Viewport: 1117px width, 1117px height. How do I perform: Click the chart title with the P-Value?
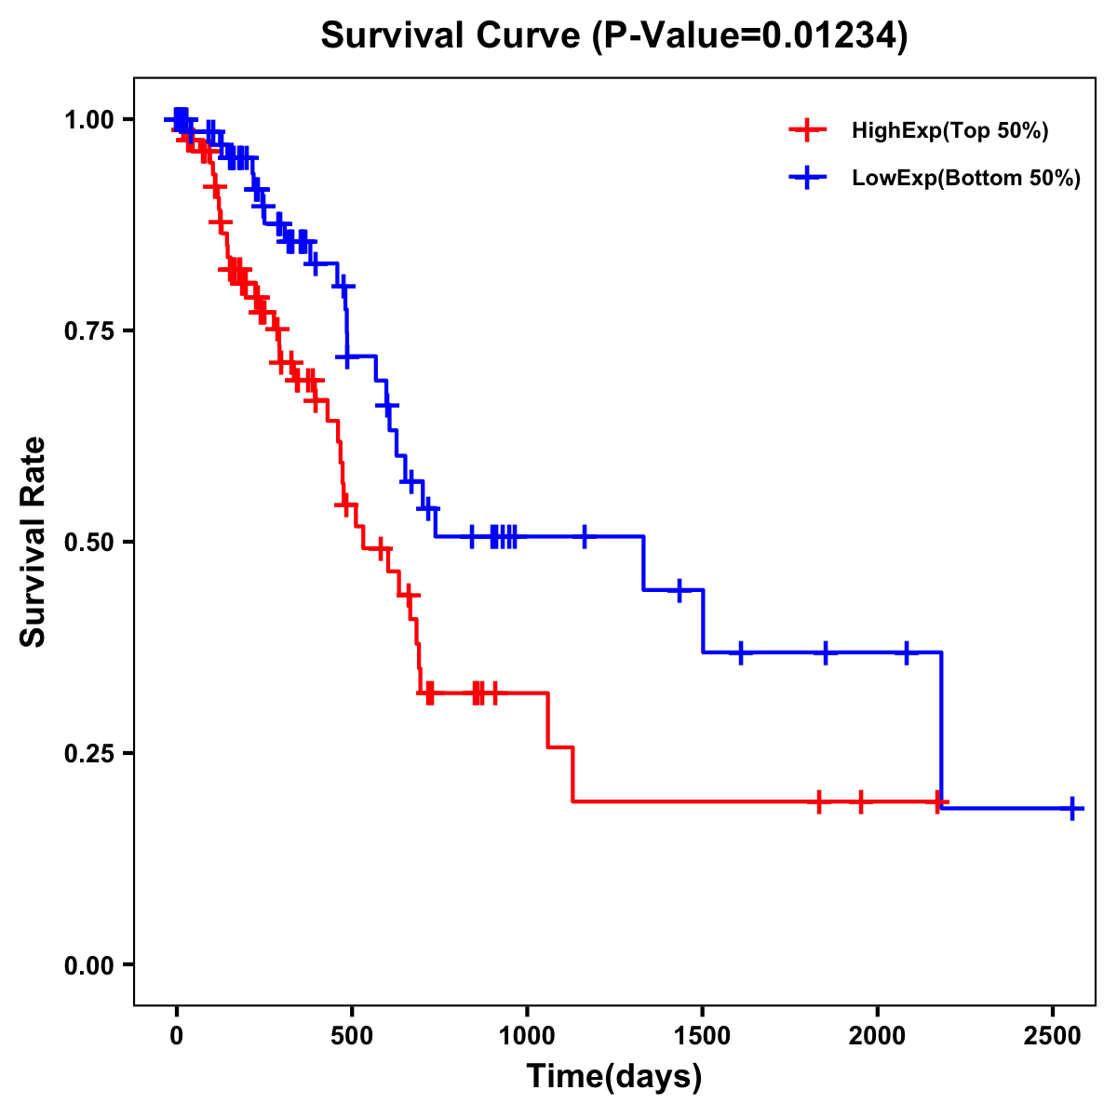(x=613, y=36)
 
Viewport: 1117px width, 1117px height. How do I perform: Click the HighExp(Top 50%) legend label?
(x=949, y=131)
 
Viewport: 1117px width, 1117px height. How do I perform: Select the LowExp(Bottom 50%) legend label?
(x=966, y=179)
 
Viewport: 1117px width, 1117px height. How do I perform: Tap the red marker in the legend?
(x=807, y=130)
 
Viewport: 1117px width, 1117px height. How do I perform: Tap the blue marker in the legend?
(x=807, y=178)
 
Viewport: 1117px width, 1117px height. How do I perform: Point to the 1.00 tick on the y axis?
(x=87, y=119)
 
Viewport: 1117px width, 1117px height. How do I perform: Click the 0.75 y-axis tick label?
(x=87, y=330)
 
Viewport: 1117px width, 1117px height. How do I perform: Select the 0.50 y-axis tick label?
(x=87, y=542)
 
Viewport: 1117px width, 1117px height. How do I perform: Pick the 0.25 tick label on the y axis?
(x=87, y=753)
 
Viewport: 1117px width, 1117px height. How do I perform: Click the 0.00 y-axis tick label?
(x=87, y=965)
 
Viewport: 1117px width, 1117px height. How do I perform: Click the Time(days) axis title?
(x=613, y=1077)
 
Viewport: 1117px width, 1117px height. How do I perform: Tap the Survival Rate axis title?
(x=34, y=542)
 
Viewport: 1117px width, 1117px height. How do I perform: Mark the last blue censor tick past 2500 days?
(x=1072, y=808)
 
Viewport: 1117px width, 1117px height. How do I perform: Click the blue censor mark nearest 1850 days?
(x=825, y=653)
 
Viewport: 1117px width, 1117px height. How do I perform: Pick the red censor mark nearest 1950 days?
(x=860, y=801)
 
